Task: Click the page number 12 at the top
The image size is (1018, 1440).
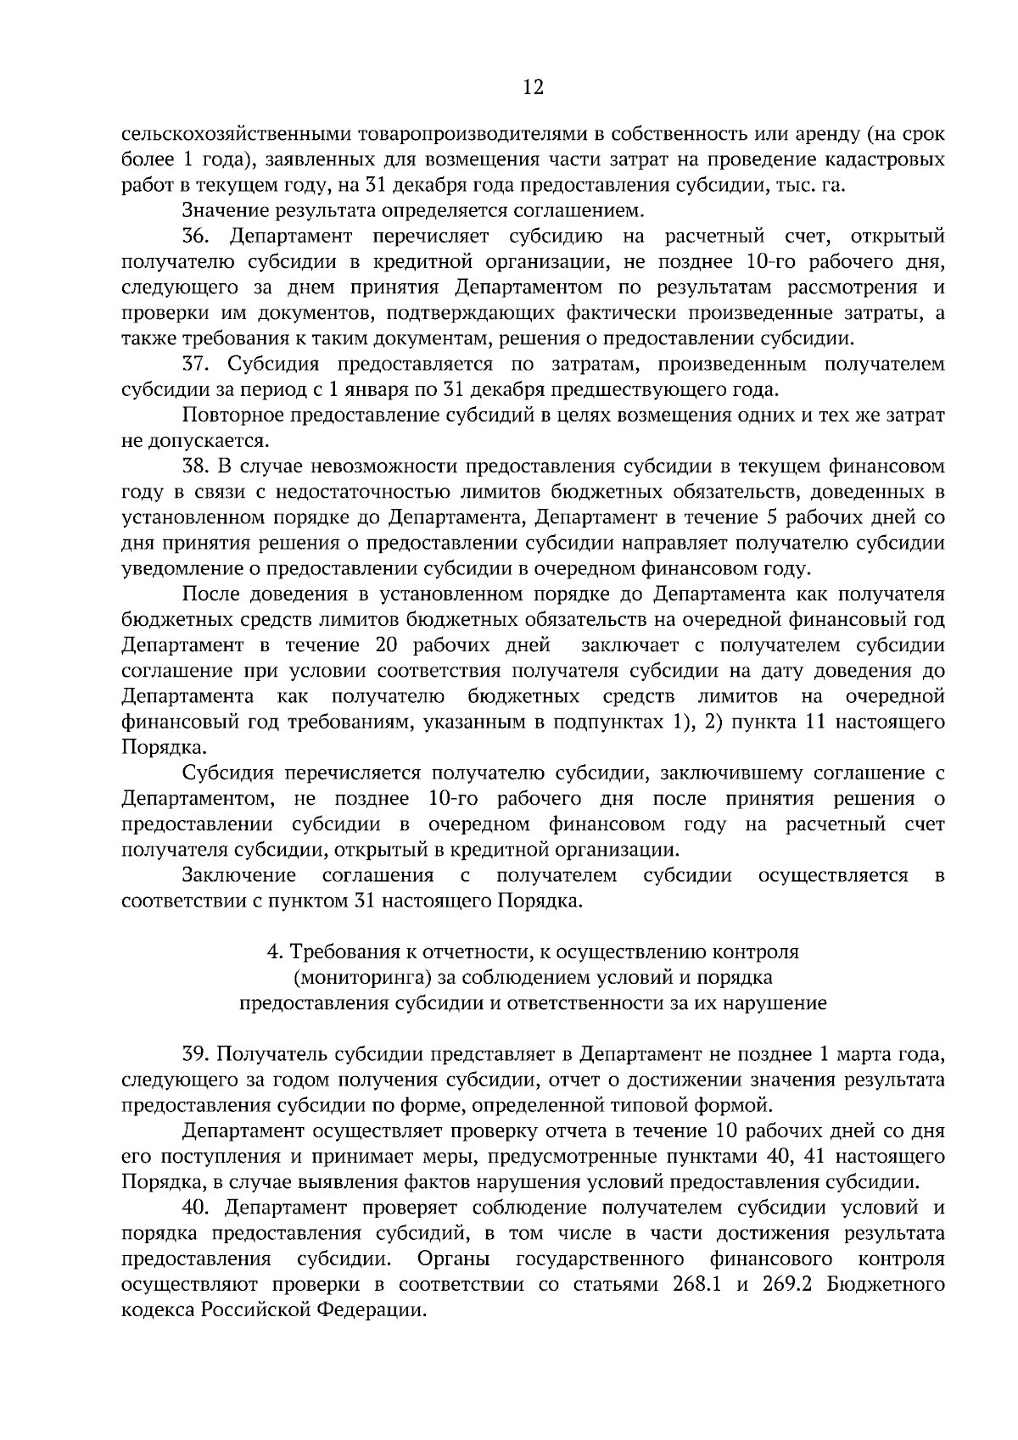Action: pos(533,87)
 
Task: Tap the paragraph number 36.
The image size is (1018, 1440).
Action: pos(196,235)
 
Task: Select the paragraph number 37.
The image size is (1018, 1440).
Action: pos(196,364)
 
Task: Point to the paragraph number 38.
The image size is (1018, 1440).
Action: pos(196,466)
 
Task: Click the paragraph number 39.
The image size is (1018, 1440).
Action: pos(197,1054)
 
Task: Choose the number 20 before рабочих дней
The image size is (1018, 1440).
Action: pos(387,645)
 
